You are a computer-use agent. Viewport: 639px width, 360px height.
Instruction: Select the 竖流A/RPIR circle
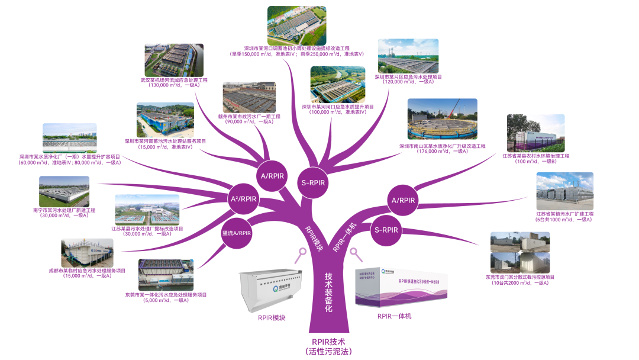pyautogui.click(x=237, y=232)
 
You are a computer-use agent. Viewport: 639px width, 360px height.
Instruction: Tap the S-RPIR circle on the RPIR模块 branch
pyautogui.click(x=311, y=182)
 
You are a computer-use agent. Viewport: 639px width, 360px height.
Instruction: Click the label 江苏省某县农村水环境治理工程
pyautogui.click(x=535, y=156)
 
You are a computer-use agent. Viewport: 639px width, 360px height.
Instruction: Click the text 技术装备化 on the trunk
pyautogui.click(x=328, y=292)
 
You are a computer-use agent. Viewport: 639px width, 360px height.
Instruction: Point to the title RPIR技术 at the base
pyautogui.click(x=328, y=342)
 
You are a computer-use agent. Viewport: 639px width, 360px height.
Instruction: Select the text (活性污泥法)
pyautogui.click(x=328, y=352)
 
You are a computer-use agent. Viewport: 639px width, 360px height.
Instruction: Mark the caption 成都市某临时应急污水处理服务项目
pyautogui.click(x=87, y=270)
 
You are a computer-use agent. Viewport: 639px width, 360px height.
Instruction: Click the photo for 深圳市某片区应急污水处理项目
pyautogui.click(x=408, y=57)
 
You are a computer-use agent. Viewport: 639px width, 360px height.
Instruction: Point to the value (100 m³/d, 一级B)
pyautogui.click(x=535, y=162)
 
